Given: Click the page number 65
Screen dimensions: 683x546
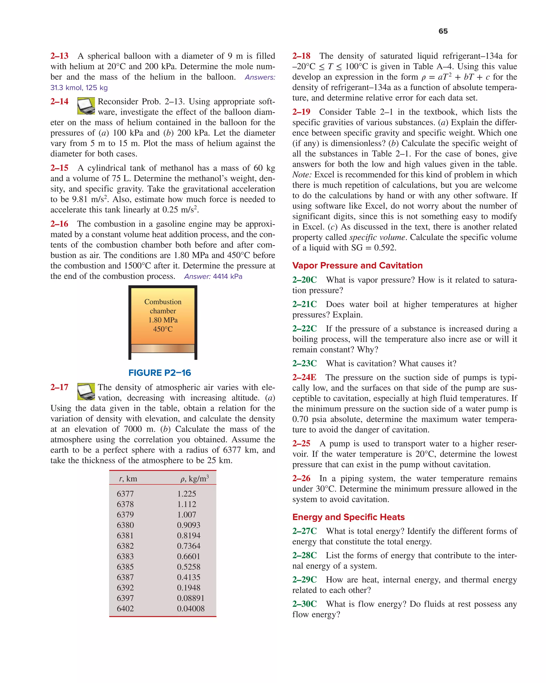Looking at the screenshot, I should click(443, 31).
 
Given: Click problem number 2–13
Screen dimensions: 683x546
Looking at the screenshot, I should click(59, 56).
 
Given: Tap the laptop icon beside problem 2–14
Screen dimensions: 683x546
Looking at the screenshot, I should click(86, 106).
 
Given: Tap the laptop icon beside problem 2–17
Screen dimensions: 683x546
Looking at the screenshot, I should click(86, 392).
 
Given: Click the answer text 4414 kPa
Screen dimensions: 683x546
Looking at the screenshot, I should click(227, 276).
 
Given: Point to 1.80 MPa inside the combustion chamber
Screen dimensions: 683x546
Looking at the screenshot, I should click(163, 320).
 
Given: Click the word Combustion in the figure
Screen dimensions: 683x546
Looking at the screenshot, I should click(163, 302).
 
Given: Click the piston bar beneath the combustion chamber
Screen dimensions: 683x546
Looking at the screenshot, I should click(163, 348).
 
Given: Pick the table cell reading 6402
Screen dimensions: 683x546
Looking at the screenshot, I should click(125, 609).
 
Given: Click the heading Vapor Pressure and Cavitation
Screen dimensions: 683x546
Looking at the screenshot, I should click(357, 266).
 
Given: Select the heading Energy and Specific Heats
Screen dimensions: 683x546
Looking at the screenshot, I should click(348, 517).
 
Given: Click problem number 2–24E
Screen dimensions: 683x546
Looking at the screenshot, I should click(304, 377).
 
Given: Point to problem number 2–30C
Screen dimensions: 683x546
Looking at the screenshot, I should click(304, 604).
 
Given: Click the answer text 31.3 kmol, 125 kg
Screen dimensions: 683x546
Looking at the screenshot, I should click(79, 88).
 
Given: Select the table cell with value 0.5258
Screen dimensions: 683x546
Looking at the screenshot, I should click(188, 567).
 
